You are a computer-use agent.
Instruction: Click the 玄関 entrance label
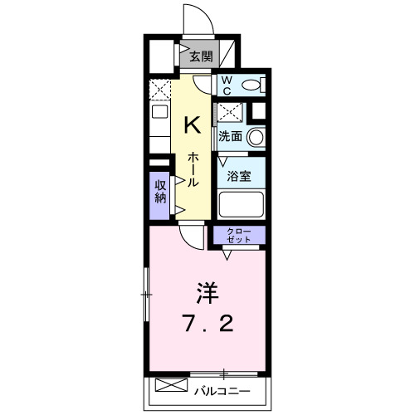200,56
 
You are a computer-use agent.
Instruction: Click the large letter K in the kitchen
192,124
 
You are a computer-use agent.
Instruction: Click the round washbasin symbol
257,137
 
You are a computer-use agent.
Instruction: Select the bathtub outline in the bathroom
241,203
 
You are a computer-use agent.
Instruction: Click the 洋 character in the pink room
207,294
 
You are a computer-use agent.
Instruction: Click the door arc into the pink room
192,237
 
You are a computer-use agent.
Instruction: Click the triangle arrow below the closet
227,255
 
